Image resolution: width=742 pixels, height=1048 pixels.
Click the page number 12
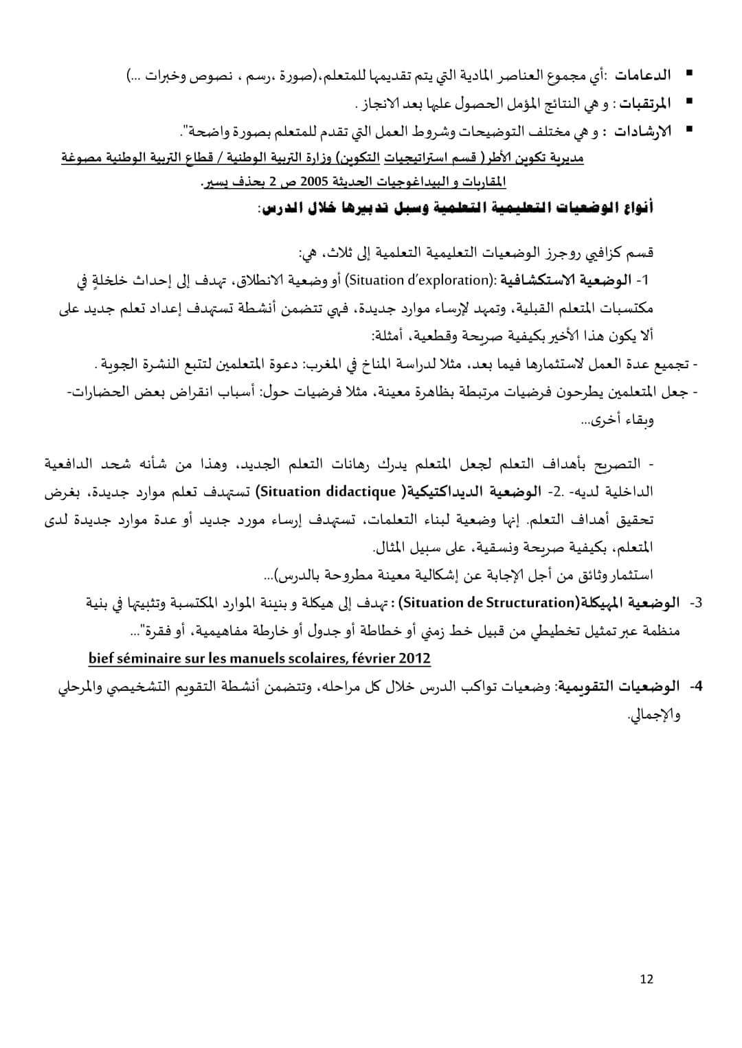click(646, 979)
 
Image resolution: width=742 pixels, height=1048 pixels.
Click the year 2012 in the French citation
click(412, 659)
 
